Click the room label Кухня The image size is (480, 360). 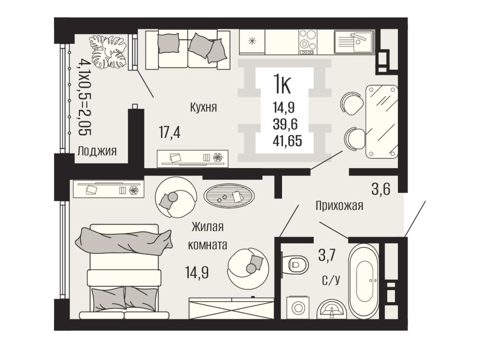[204, 108]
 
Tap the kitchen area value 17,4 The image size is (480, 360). [170, 133]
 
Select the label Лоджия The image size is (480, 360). [97, 151]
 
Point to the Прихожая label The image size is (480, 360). [340, 205]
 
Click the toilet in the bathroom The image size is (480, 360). [295, 264]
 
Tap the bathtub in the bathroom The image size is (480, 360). [364, 281]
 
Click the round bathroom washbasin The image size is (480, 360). [332, 308]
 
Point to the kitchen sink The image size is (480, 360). [355, 41]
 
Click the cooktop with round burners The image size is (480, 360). [307, 42]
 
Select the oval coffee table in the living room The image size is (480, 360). [229, 196]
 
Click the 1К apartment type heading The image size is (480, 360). [282, 85]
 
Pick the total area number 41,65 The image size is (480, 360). [287, 141]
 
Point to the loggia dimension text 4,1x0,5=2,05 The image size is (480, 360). [85, 97]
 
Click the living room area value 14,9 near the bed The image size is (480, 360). [197, 272]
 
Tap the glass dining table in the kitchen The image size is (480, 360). [382, 122]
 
